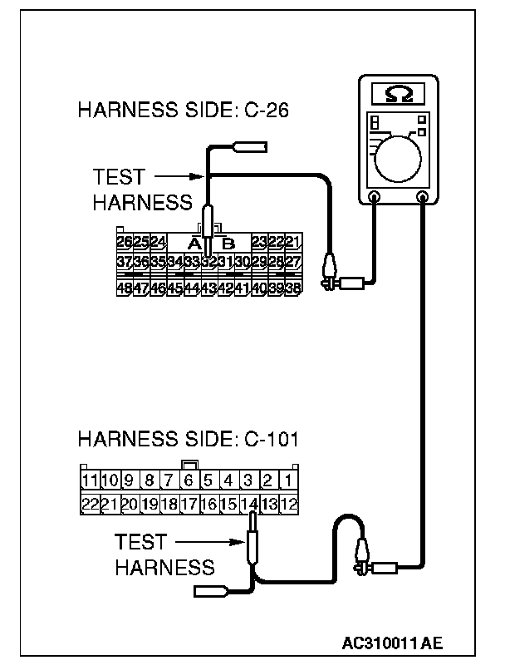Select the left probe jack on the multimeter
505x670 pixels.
pos(375,198)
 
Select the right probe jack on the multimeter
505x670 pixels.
pos(424,198)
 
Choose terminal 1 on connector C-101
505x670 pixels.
pos(287,480)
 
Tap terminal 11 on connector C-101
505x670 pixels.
pos(91,480)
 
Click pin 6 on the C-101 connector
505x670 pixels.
pos(189,480)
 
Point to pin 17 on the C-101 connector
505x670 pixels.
pos(189,504)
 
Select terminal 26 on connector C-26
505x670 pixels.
pos(125,243)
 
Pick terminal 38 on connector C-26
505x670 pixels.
pos(292,288)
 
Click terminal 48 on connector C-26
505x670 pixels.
pos(125,288)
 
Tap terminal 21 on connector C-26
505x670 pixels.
pos(292,243)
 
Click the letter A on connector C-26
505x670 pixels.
pos(194,244)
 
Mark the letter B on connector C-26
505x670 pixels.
pos(229,244)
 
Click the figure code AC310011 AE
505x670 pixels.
pos(392,643)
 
